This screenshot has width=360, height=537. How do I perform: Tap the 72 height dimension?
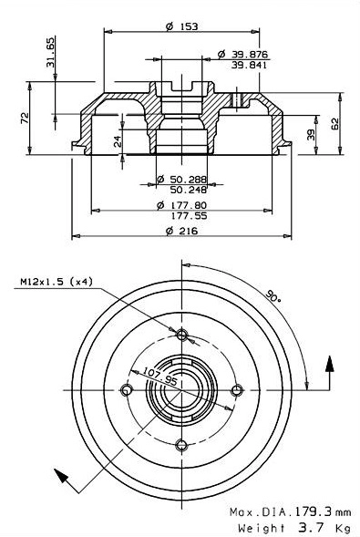(x=26, y=118)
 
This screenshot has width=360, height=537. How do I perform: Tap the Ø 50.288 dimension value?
(x=181, y=180)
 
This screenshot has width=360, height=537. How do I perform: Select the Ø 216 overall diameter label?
(x=182, y=232)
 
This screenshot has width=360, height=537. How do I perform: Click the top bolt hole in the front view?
(x=182, y=335)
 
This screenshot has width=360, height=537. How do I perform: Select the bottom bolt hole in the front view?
(x=182, y=445)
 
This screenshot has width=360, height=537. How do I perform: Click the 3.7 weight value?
(x=303, y=527)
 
